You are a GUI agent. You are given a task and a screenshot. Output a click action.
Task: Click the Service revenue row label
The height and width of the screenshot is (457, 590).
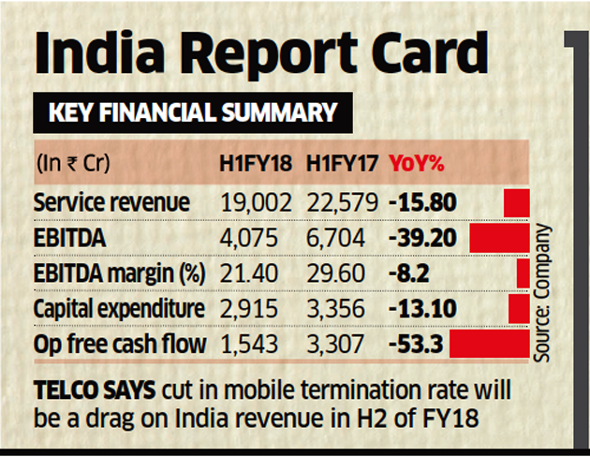coord(111,202)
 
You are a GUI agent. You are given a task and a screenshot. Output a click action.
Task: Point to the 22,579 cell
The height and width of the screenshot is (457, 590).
coord(342,202)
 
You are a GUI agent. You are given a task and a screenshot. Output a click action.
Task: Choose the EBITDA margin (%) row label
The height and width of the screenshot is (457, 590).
coord(117,273)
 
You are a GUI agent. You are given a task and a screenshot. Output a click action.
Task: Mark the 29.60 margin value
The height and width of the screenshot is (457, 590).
coord(341,273)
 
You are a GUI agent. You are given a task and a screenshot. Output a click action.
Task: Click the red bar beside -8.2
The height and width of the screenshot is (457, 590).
coord(523,273)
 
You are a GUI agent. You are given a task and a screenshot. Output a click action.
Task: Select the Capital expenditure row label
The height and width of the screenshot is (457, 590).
coord(118,309)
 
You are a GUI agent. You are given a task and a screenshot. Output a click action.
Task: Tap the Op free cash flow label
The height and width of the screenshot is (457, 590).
coord(119,344)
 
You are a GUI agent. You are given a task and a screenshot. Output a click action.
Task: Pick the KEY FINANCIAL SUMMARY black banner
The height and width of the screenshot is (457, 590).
coord(193,113)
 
